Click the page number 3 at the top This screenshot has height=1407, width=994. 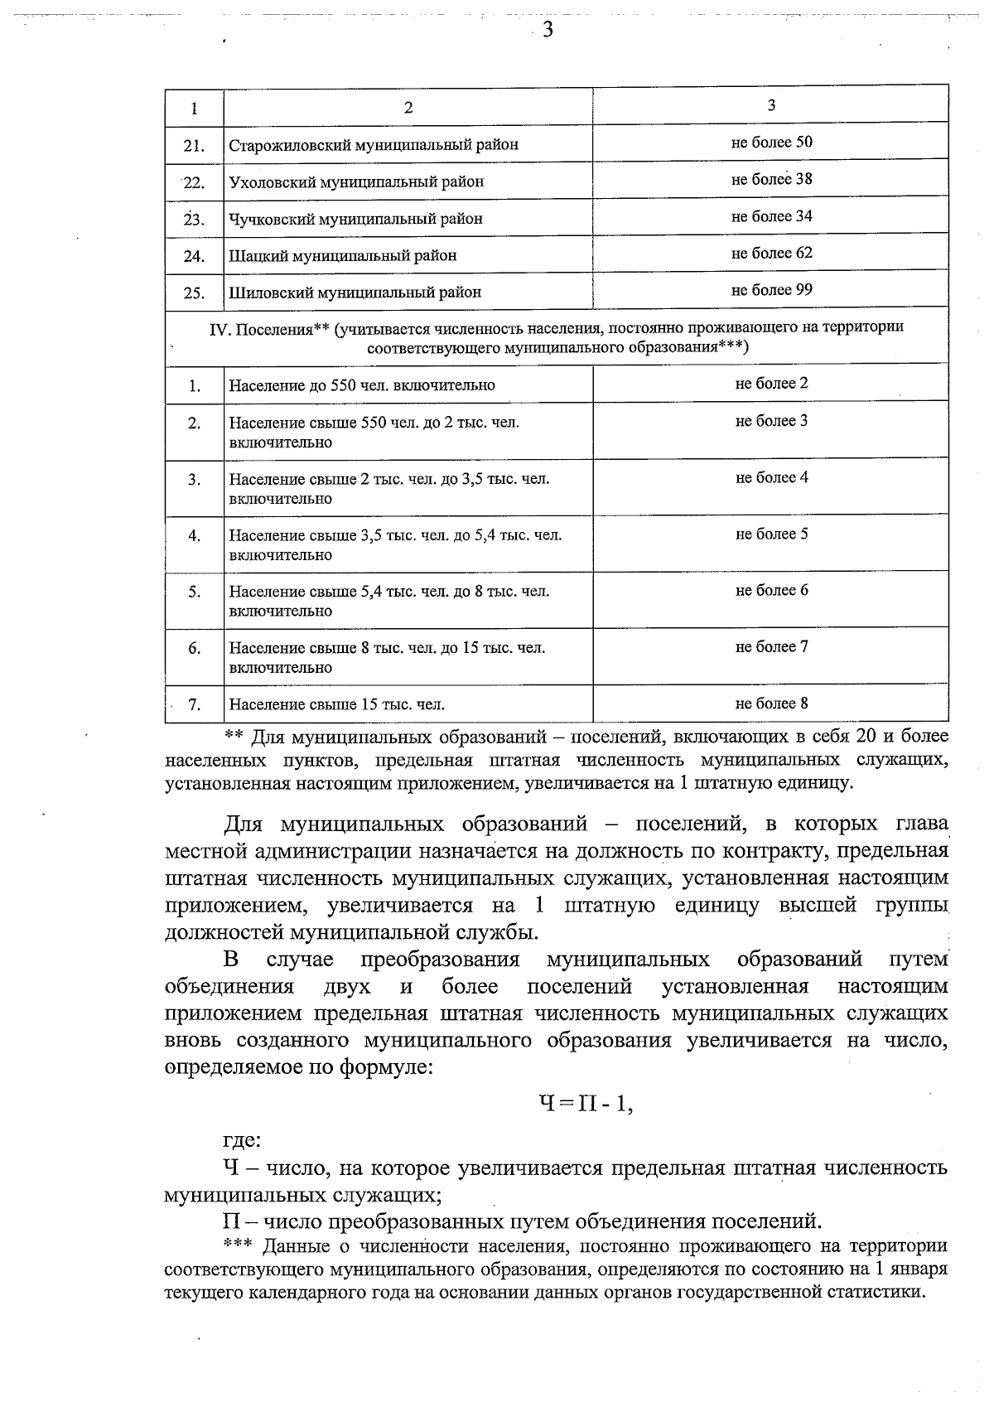[x=547, y=31]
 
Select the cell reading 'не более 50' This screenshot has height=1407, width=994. [x=771, y=142]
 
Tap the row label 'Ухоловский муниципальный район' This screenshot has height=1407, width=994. [x=356, y=181]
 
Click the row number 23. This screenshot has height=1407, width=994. [x=194, y=220]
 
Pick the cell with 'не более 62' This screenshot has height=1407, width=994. [x=771, y=253]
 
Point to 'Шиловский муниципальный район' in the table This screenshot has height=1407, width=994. [x=355, y=293]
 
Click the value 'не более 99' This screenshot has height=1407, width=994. [x=771, y=289]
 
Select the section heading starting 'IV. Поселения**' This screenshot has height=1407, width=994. [x=557, y=337]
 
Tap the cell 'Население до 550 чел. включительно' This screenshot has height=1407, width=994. [x=362, y=385]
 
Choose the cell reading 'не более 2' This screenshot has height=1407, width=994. [x=771, y=383]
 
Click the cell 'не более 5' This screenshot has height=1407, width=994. [x=771, y=534]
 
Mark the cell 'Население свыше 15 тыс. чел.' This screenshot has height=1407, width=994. [x=337, y=705]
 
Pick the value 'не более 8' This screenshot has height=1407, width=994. [x=771, y=703]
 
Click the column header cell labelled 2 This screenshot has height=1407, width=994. [x=408, y=108]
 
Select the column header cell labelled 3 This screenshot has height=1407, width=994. [x=771, y=104]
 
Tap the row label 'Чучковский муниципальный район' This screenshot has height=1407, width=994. [x=355, y=219]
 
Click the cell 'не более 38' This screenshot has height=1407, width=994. [x=771, y=179]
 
